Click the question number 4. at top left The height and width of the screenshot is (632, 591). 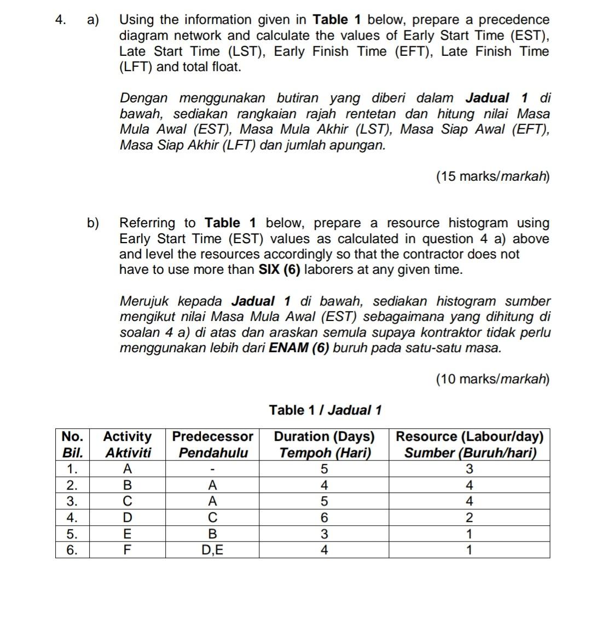tap(60, 20)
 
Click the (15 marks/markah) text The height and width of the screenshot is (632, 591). tap(493, 176)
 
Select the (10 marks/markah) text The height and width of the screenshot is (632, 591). tap(493, 379)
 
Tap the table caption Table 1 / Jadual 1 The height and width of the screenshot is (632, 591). tap(325, 410)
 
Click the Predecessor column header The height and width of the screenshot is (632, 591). tap(212, 444)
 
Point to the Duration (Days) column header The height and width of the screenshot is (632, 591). tap(324, 444)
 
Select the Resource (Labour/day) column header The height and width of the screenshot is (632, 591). tap(469, 444)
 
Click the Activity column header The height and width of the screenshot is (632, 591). tap(128, 444)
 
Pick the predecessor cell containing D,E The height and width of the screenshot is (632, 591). tap(212, 550)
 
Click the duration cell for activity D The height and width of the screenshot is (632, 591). tap(324, 518)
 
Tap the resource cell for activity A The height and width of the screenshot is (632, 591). tap(469, 469)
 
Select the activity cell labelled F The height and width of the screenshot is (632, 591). tap(128, 550)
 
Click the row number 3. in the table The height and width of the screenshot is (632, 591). tap(72, 501)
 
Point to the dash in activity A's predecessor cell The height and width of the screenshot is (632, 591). tap(212, 469)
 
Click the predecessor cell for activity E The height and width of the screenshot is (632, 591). tap(212, 534)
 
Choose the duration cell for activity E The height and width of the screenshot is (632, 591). tap(324, 534)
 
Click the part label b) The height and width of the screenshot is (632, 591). tap(93, 223)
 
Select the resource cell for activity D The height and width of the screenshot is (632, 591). tap(469, 518)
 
